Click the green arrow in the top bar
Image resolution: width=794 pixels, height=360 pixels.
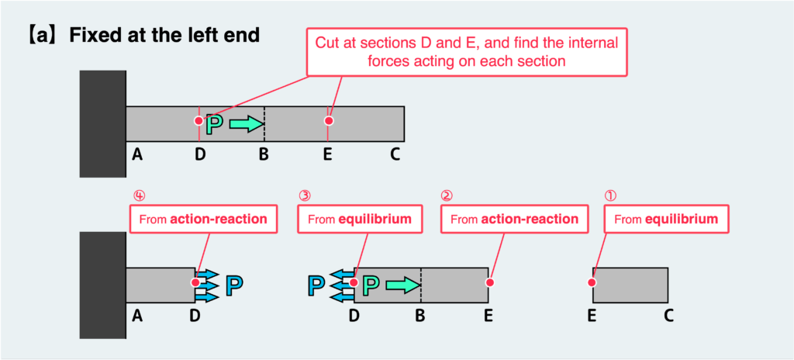[247, 123]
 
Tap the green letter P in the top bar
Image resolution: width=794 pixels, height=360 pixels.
[215, 123]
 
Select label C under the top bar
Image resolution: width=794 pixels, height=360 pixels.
[395, 154]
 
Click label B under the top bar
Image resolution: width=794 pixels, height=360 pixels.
[264, 154]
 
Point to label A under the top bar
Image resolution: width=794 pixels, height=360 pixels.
[137, 154]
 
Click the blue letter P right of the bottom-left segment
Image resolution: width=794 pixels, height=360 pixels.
[235, 286]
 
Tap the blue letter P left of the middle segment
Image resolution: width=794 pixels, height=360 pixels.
[316, 286]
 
